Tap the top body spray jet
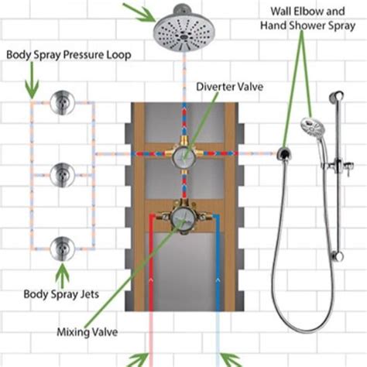pyautogui.click(x=63, y=102)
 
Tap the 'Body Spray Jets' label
pyautogui.click(x=65, y=294)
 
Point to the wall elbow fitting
pyautogui.click(x=284, y=153)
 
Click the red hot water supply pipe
pyautogui.click(x=149, y=294)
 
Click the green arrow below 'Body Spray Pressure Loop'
pyautogui.click(x=31, y=83)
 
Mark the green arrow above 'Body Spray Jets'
pyautogui.click(x=61, y=273)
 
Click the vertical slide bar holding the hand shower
pyautogui.click(x=335, y=178)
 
